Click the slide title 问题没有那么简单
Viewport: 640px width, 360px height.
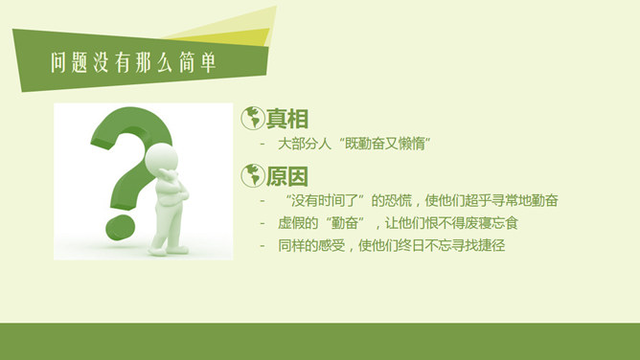click(132, 64)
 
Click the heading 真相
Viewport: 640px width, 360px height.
click(287, 120)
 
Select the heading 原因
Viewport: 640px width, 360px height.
click(287, 177)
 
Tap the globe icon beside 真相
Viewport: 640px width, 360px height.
click(252, 118)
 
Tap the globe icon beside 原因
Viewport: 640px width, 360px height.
click(252, 175)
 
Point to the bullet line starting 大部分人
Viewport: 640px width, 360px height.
click(354, 144)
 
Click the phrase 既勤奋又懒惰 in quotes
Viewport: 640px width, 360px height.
click(394, 144)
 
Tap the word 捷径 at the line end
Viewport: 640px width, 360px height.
click(492, 246)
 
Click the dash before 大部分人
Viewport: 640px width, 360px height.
click(263, 144)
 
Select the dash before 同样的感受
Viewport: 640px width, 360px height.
click(263, 246)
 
